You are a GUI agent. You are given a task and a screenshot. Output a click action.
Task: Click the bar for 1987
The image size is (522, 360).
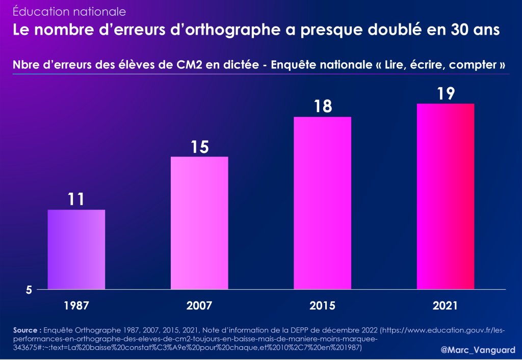[76, 249]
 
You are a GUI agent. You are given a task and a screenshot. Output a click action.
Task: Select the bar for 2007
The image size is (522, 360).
[199, 223]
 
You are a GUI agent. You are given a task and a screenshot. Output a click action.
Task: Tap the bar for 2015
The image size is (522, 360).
[323, 203]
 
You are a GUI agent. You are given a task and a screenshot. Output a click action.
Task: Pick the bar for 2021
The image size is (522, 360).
[446, 196]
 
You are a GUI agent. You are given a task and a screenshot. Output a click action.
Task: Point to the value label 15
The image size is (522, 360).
[199, 147]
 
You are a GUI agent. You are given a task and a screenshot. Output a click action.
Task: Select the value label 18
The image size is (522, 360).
[323, 107]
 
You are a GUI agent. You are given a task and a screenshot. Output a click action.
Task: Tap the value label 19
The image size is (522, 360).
[446, 94]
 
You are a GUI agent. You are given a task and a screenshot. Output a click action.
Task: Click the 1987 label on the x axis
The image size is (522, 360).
[76, 306]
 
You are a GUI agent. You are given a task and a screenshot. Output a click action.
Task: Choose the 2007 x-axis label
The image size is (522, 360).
[199, 306]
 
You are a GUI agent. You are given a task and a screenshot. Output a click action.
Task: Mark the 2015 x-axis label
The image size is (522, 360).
[323, 306]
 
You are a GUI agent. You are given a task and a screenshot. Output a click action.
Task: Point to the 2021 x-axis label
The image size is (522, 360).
[446, 306]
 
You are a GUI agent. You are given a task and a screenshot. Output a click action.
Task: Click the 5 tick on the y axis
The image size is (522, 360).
[30, 290]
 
